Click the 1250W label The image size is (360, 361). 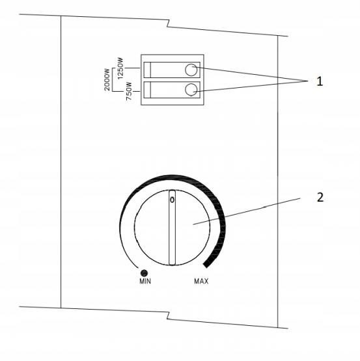coord(120,68)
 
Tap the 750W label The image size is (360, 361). coord(129,91)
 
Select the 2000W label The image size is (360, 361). coord(107,79)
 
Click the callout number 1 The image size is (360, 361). coord(319,82)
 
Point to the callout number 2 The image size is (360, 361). coord(320,198)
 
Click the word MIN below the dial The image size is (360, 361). coord(145,281)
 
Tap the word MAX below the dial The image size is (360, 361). coord(201,281)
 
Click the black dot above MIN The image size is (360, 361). coord(144,273)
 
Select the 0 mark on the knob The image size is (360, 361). coord(172,200)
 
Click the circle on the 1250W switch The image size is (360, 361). coord(191,70)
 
